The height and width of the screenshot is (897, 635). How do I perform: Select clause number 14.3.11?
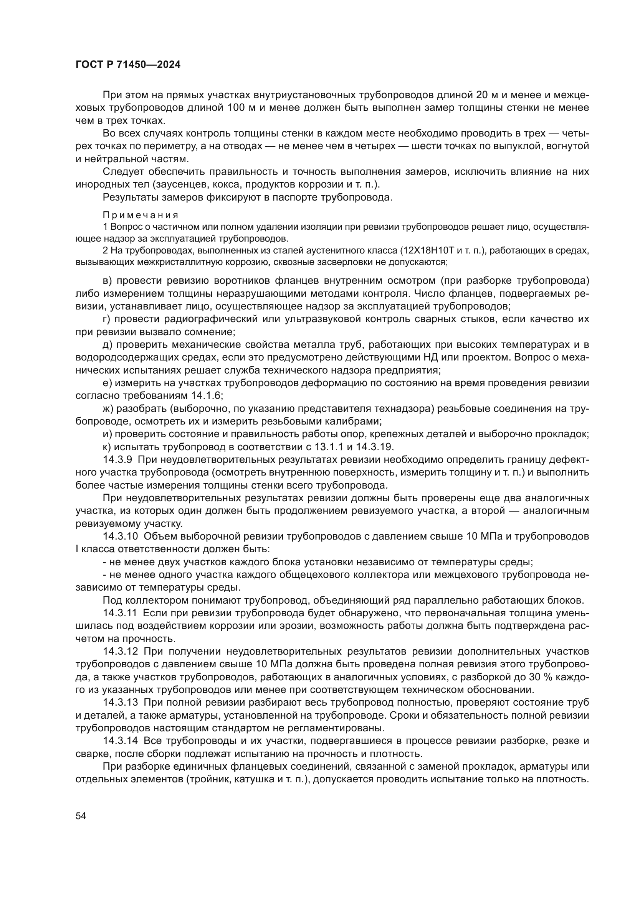120,613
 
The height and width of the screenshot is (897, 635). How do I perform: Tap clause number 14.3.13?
121,703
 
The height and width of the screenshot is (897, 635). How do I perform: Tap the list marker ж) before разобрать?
108,409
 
